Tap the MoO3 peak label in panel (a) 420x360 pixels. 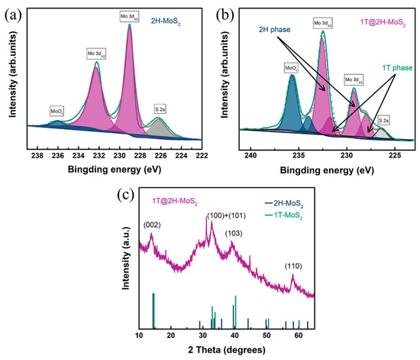pos(57,110)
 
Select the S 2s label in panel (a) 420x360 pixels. pos(163,110)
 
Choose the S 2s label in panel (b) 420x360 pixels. pos(384,120)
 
